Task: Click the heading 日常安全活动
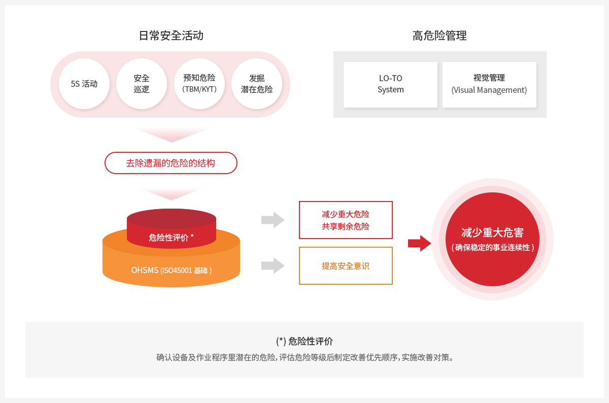click(x=171, y=36)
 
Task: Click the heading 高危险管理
click(x=439, y=36)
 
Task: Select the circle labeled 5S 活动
click(x=84, y=84)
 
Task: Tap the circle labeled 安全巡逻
click(x=142, y=84)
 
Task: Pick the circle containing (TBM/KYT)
click(x=199, y=84)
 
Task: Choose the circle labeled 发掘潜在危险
click(x=257, y=84)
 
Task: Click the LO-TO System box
click(x=390, y=85)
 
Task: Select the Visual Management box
click(x=489, y=85)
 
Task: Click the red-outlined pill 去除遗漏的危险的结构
click(x=171, y=163)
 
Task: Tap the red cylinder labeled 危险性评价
click(x=172, y=229)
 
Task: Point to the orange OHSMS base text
click(x=172, y=271)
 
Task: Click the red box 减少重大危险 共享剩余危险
click(x=346, y=220)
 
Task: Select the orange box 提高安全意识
click(x=346, y=265)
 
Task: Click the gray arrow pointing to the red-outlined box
click(x=273, y=220)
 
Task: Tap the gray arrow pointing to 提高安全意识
click(x=273, y=265)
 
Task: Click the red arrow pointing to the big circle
click(x=420, y=243)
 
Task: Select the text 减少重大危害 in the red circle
click(x=492, y=232)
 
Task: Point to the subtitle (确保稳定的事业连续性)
click(x=492, y=248)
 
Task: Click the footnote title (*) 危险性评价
click(x=304, y=341)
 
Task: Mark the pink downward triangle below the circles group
click(x=172, y=134)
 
